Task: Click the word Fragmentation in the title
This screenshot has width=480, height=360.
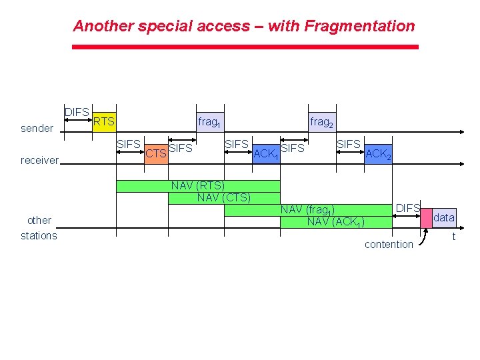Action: click(x=359, y=26)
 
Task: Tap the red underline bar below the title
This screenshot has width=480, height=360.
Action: click(x=245, y=47)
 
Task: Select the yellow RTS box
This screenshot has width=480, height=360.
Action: click(x=103, y=121)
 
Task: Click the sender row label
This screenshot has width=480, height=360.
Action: click(x=37, y=128)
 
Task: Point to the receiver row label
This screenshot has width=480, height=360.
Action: click(x=40, y=160)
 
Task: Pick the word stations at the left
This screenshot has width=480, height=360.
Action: click(x=39, y=235)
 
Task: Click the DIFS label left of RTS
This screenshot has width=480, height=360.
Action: click(x=77, y=112)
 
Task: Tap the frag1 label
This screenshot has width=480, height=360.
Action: click(x=209, y=123)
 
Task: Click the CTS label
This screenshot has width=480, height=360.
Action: click(x=156, y=155)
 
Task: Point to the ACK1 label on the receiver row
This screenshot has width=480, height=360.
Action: click(x=266, y=155)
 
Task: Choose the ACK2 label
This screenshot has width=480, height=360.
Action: click(x=379, y=155)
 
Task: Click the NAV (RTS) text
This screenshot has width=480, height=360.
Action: click(x=197, y=185)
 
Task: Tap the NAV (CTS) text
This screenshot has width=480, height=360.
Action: click(x=224, y=197)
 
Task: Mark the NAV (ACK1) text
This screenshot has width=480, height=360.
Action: click(x=335, y=221)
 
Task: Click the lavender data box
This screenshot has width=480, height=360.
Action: click(x=443, y=217)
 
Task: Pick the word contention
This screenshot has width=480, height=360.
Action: click(x=389, y=245)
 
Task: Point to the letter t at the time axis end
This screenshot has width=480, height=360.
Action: click(x=453, y=236)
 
